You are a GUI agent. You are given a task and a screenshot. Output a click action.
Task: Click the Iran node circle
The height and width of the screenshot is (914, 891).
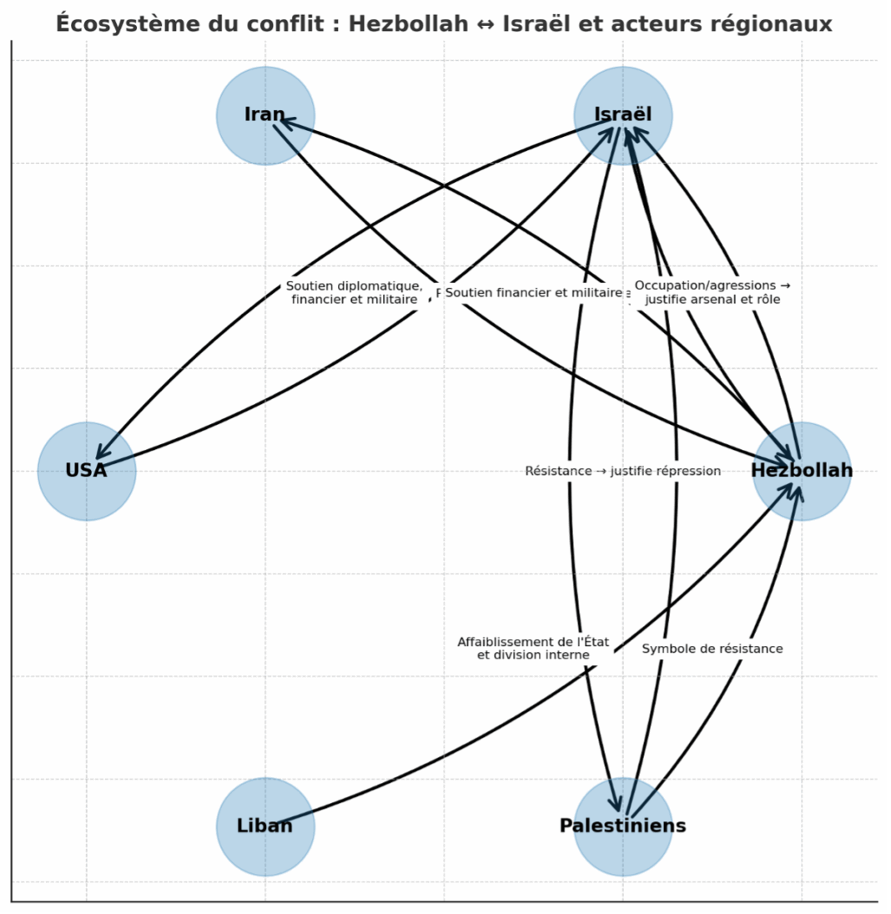[x=265, y=115]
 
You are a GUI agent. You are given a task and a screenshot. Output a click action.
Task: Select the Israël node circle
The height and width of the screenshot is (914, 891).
[x=622, y=115]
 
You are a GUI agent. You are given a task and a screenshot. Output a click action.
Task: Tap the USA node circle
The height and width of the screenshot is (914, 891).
[x=87, y=471]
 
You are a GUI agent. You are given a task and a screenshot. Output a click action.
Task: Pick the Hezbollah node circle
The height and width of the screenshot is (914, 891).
[x=801, y=471]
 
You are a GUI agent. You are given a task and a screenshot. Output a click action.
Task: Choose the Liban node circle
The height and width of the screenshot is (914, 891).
[x=265, y=826]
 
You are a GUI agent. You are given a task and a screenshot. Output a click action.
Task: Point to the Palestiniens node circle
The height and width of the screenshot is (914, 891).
[x=622, y=826]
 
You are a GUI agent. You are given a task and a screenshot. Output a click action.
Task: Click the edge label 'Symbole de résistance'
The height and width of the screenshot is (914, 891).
[x=712, y=649]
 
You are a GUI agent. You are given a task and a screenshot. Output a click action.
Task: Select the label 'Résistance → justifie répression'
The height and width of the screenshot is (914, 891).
[x=622, y=471]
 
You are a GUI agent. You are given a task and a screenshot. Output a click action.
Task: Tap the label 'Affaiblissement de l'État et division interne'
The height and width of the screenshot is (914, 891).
[x=533, y=649]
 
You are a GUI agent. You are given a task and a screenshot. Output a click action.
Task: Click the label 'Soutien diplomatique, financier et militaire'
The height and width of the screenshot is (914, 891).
[x=355, y=293]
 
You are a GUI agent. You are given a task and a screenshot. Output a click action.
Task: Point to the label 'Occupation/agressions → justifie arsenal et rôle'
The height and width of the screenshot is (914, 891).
[x=712, y=293]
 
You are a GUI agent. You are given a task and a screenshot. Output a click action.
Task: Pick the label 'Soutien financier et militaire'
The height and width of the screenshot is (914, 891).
[x=534, y=293]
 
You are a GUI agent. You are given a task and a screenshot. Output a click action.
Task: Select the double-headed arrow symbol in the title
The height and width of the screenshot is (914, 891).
[x=486, y=24]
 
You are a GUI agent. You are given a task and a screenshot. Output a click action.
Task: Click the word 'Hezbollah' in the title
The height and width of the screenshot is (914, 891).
[x=408, y=23]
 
